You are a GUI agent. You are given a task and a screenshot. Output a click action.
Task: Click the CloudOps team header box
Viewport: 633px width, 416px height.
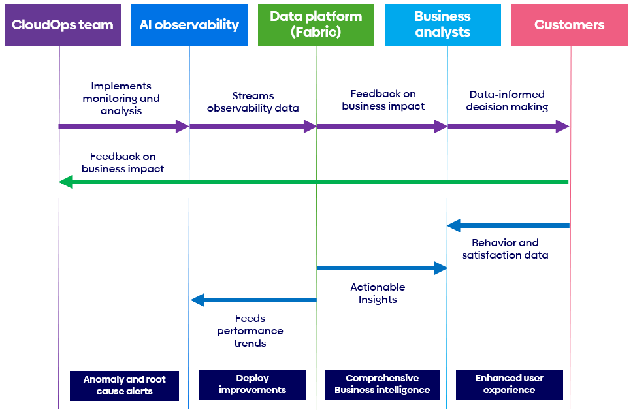click(x=63, y=25)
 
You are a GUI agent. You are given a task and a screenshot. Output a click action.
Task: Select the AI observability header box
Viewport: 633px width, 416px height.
click(x=189, y=25)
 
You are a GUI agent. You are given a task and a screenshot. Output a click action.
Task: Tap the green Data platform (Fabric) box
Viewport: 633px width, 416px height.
click(x=316, y=25)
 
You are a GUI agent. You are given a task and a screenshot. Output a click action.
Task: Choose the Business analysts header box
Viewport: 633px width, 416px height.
click(x=443, y=25)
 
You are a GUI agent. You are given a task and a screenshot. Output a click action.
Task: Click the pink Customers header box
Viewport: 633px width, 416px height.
click(x=570, y=25)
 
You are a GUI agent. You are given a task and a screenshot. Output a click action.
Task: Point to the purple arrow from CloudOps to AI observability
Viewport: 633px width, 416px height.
click(x=124, y=126)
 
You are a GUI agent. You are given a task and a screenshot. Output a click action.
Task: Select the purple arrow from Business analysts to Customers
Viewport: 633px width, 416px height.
click(x=508, y=126)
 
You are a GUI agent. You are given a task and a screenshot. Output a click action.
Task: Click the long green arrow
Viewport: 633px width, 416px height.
click(x=314, y=182)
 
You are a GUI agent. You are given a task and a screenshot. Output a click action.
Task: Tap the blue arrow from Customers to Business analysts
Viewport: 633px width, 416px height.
click(x=508, y=225)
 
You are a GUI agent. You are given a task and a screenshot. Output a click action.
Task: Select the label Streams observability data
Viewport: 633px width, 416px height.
click(x=253, y=102)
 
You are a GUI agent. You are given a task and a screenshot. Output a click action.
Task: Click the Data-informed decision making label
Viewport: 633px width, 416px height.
click(x=507, y=101)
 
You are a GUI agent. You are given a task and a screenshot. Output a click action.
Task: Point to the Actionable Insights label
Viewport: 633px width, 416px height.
click(x=378, y=293)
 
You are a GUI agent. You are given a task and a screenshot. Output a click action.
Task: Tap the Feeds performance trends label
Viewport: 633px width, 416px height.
click(x=250, y=330)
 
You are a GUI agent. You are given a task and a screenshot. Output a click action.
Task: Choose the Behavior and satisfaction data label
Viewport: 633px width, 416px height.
click(x=505, y=249)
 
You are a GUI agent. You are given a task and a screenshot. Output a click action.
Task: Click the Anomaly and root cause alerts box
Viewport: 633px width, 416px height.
click(x=124, y=385)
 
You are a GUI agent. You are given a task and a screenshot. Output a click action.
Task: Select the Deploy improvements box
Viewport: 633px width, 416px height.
click(x=252, y=384)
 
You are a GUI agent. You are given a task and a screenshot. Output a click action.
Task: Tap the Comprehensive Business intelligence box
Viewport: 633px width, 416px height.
click(x=382, y=384)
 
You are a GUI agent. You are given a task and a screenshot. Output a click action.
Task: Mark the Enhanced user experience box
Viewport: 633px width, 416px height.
click(x=510, y=384)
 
